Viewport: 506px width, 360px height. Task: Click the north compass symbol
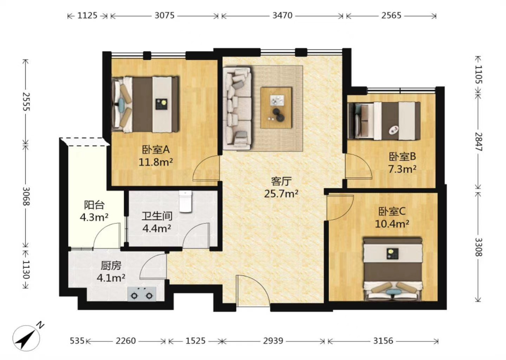[x=26, y=337]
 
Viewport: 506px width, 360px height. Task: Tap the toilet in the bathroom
[x=186, y=201]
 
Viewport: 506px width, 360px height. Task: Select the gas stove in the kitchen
[x=142, y=294]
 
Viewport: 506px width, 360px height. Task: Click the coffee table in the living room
[x=276, y=108]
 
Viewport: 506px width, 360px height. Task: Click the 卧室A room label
[x=156, y=150]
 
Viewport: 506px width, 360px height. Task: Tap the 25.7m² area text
[x=281, y=194]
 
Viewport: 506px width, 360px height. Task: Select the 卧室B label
[x=402, y=156]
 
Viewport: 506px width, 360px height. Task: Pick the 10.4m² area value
[x=392, y=224]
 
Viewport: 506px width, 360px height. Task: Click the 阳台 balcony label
[x=94, y=205]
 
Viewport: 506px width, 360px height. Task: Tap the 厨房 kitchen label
[x=111, y=266]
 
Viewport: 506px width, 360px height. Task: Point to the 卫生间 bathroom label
[x=157, y=216]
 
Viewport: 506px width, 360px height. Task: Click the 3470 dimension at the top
[x=283, y=15]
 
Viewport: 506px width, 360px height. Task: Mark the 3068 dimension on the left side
[x=26, y=197]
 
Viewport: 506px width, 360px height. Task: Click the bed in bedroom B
[x=384, y=121]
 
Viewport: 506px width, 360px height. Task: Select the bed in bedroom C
[x=393, y=269]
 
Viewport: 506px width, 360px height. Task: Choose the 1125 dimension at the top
[x=87, y=15]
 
